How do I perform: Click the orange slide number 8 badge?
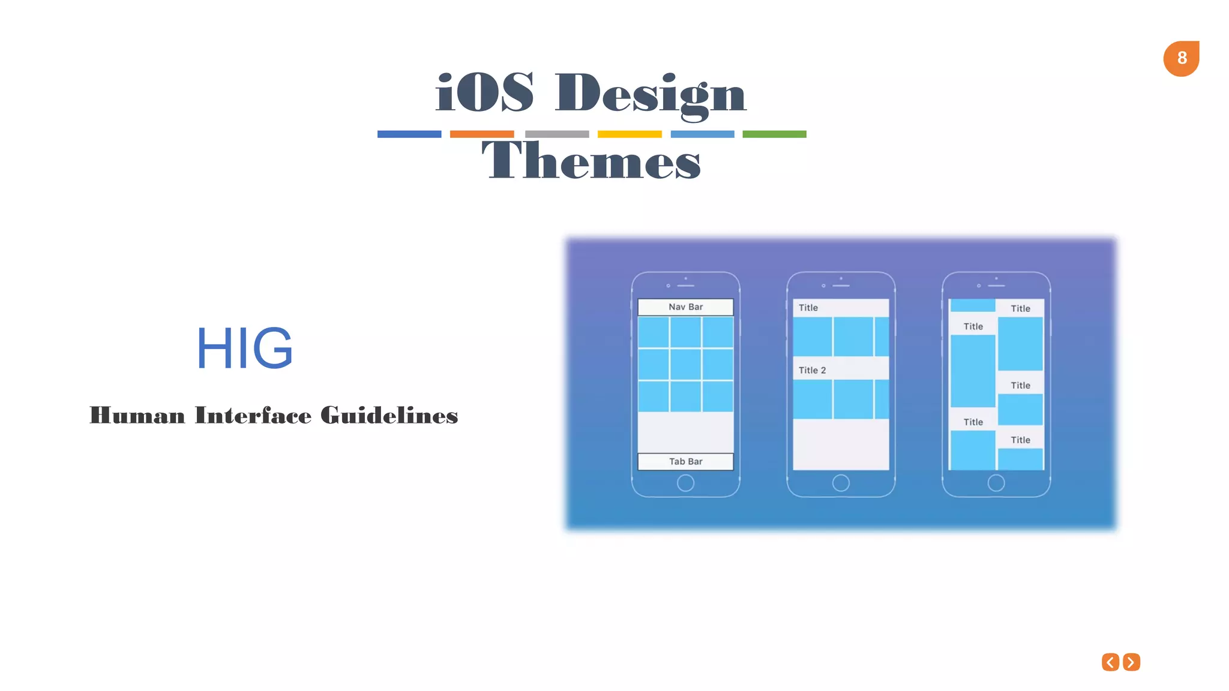pos(1181,58)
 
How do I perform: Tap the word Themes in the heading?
pos(591,161)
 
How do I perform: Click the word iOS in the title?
pos(484,93)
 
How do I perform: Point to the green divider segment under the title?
pos(774,134)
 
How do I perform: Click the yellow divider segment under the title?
pos(630,134)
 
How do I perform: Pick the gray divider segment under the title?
pos(557,134)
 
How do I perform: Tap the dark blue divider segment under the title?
pos(409,134)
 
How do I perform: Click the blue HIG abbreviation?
pos(245,348)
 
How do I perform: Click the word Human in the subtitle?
pos(137,416)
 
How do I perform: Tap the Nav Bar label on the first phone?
pos(685,307)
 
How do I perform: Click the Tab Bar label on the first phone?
pos(685,461)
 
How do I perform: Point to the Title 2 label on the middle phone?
pos(812,370)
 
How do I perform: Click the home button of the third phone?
pos(996,483)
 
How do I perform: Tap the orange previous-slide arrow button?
pos(1110,662)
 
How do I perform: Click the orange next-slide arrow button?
pos(1131,662)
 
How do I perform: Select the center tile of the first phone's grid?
pos(685,364)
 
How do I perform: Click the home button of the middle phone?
pos(841,483)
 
